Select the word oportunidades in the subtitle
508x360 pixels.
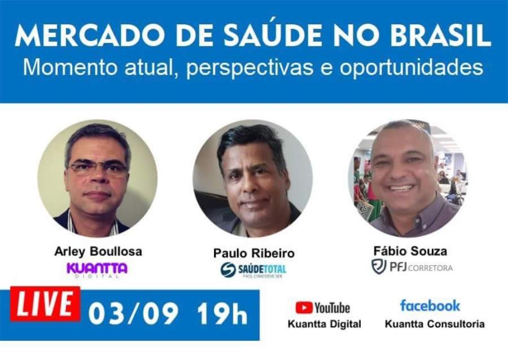click(411, 68)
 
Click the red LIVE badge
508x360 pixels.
click(45, 305)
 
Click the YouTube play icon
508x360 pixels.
click(304, 308)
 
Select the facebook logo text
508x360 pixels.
click(430, 306)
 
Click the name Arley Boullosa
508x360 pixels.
click(97, 251)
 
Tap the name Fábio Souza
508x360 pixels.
click(410, 251)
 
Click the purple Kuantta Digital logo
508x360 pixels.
click(97, 269)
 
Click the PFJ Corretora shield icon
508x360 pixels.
click(378, 266)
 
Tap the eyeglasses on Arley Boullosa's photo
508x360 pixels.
click(97, 168)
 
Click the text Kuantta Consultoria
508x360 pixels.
click(434, 324)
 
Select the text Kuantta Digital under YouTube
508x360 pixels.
click(324, 324)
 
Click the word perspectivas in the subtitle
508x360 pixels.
click(249, 68)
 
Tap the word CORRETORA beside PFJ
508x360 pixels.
click(431, 267)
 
